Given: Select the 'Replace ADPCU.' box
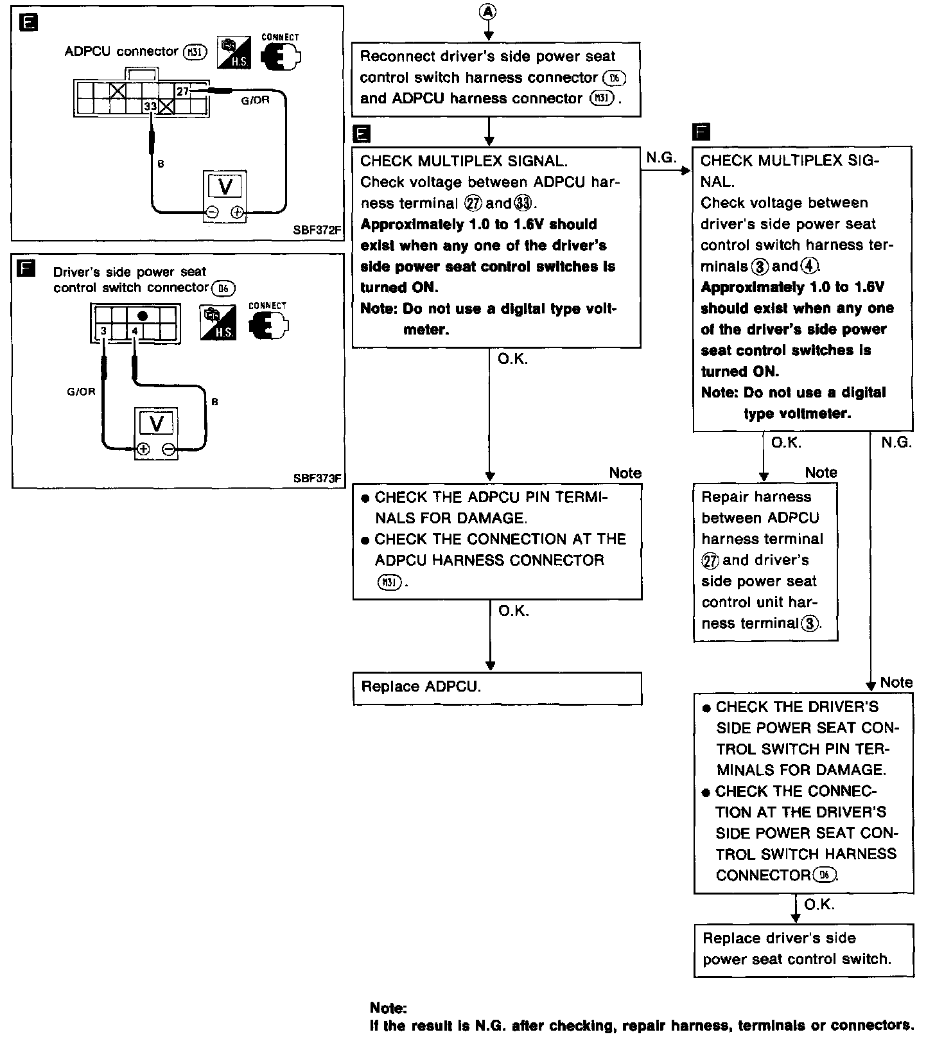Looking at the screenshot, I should tap(497, 688).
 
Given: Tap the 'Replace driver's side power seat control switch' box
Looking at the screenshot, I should tap(803, 950).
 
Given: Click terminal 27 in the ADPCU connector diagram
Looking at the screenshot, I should tap(183, 91).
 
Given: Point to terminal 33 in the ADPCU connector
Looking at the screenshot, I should tap(150, 107).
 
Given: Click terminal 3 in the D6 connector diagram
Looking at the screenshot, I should tap(103, 331).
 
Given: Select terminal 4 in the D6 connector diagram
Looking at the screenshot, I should tap(135, 331).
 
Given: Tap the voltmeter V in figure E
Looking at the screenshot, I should tap(225, 186).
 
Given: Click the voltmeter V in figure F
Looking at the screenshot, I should tap(156, 423).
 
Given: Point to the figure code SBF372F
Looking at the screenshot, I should tap(317, 229).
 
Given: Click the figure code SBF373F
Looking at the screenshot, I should tap(317, 478).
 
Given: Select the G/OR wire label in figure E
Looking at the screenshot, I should tap(255, 100).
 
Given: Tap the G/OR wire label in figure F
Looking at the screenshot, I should tap(81, 392).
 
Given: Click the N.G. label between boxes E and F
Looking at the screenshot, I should tap(661, 158).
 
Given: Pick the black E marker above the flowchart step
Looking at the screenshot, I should tap(362, 134).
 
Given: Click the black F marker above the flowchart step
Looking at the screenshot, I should tap(701, 132).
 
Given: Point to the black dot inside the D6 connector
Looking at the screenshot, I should tap(143, 316).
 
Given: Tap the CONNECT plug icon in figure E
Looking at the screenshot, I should tap(281, 55).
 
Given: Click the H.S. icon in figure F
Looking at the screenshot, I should tap(218, 323).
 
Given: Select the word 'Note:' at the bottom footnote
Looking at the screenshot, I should tap(389, 1008).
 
